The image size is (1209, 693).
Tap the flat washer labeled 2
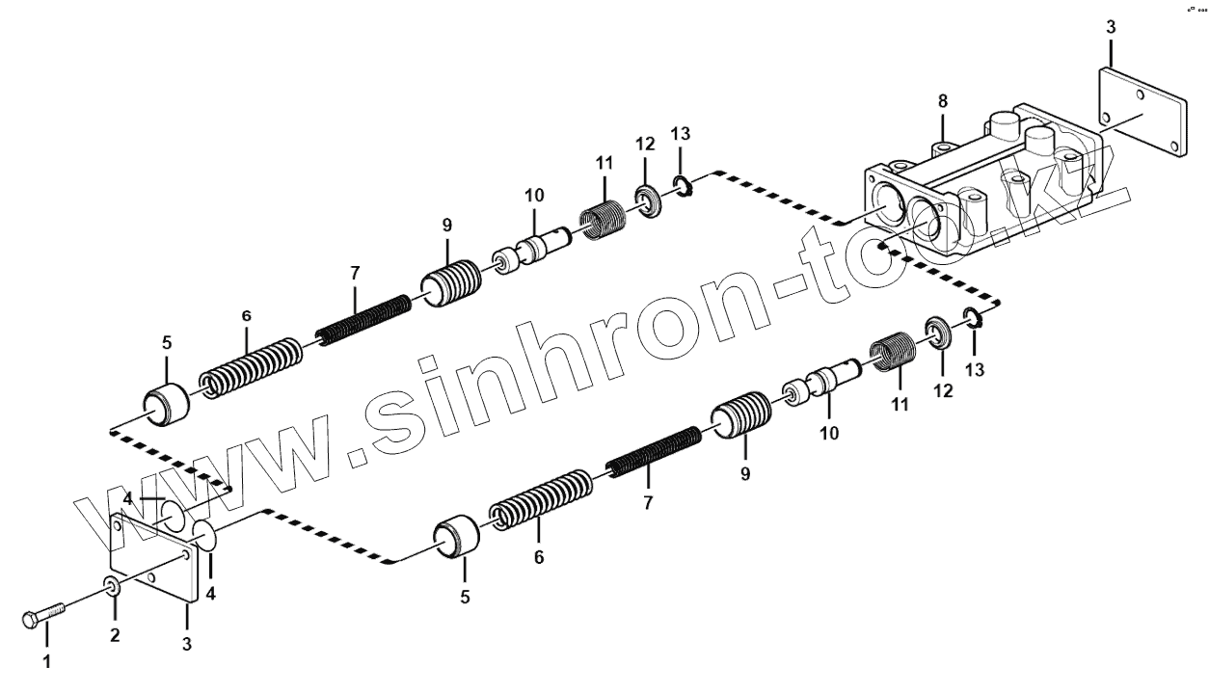click(x=112, y=586)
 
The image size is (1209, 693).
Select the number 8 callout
click(x=943, y=100)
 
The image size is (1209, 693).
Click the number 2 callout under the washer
click(x=115, y=634)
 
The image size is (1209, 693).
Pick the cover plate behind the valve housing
click(x=1142, y=112)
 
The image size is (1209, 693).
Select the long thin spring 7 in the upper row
click(x=364, y=321)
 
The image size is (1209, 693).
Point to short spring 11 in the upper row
click(x=604, y=218)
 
